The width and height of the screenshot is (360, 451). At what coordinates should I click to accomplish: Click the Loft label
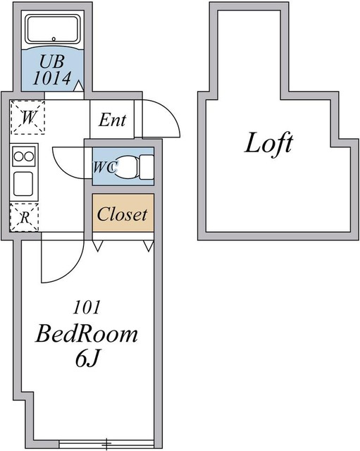pos(268,144)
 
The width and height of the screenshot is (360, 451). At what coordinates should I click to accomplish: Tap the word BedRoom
pos(87,334)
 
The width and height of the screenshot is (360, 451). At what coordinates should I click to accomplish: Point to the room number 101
pos(88,307)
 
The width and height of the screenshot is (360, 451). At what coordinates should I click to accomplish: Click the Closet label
pos(122,215)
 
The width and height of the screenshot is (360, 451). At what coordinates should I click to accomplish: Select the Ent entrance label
pos(112,120)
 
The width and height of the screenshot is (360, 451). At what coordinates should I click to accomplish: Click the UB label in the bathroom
pos(54,61)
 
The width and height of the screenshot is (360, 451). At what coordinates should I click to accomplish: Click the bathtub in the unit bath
pos(54,30)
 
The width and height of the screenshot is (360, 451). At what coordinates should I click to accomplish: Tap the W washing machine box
pos(27,118)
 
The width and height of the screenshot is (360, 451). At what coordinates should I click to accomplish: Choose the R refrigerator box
pos(25,217)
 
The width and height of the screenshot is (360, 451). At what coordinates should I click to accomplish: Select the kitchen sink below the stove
pos(24,184)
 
